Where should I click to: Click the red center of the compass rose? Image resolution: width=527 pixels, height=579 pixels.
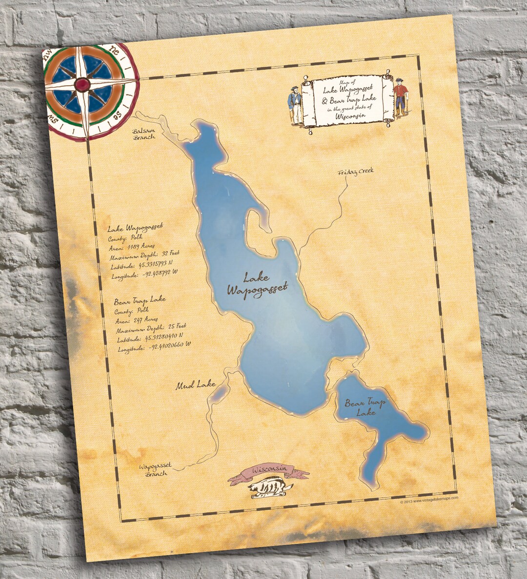point(82,85)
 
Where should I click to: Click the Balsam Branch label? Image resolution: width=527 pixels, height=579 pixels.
point(143,134)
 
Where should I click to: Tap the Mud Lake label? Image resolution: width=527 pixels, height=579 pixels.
point(196,386)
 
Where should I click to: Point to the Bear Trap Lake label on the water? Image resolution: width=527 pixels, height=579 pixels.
point(365,407)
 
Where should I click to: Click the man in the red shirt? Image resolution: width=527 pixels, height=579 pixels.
point(401,96)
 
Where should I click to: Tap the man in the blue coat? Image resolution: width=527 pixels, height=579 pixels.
point(295,104)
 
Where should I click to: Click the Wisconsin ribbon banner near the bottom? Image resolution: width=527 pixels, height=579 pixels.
point(268,471)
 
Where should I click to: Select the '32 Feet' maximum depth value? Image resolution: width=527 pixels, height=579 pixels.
point(170,253)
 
